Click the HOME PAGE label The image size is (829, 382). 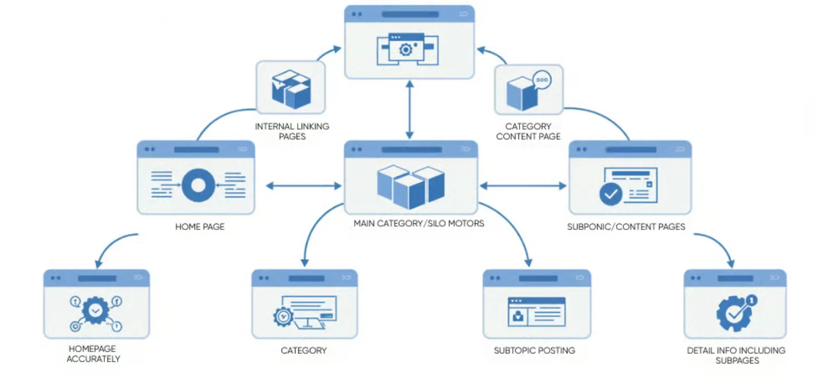click(200, 227)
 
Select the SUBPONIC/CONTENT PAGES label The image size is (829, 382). click(626, 227)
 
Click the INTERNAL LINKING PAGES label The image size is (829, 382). click(292, 131)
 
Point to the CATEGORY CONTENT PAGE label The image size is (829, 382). click(528, 131)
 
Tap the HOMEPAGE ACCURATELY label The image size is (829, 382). click(93, 354)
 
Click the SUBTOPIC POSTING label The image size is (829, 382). click(534, 350)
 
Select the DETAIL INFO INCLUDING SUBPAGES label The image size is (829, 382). click(736, 355)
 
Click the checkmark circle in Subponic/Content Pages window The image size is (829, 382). click(611, 194)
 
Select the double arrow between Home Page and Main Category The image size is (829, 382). click(303, 185)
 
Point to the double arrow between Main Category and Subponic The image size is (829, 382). click(523, 185)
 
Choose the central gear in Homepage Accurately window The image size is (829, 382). click(95, 310)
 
